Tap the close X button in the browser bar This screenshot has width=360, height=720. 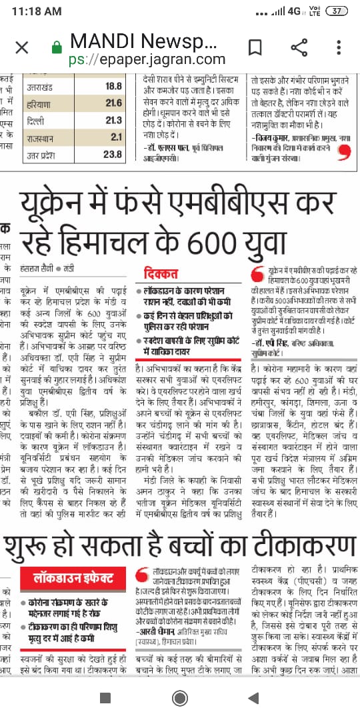click(x=22, y=47)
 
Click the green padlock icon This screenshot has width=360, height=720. click(x=57, y=48)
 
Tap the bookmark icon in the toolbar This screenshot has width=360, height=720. click(x=255, y=47)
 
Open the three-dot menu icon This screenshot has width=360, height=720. click(x=339, y=47)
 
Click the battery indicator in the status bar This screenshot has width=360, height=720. click(x=339, y=11)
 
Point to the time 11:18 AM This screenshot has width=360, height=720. click(x=37, y=11)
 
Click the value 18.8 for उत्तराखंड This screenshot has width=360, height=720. click(x=113, y=87)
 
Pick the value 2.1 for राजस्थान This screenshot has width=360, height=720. click(x=116, y=137)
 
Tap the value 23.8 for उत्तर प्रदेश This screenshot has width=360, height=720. click(x=113, y=155)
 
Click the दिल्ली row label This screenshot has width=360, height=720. click(x=37, y=121)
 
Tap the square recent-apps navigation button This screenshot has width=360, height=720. click(x=105, y=697)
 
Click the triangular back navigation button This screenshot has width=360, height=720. click(x=253, y=697)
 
